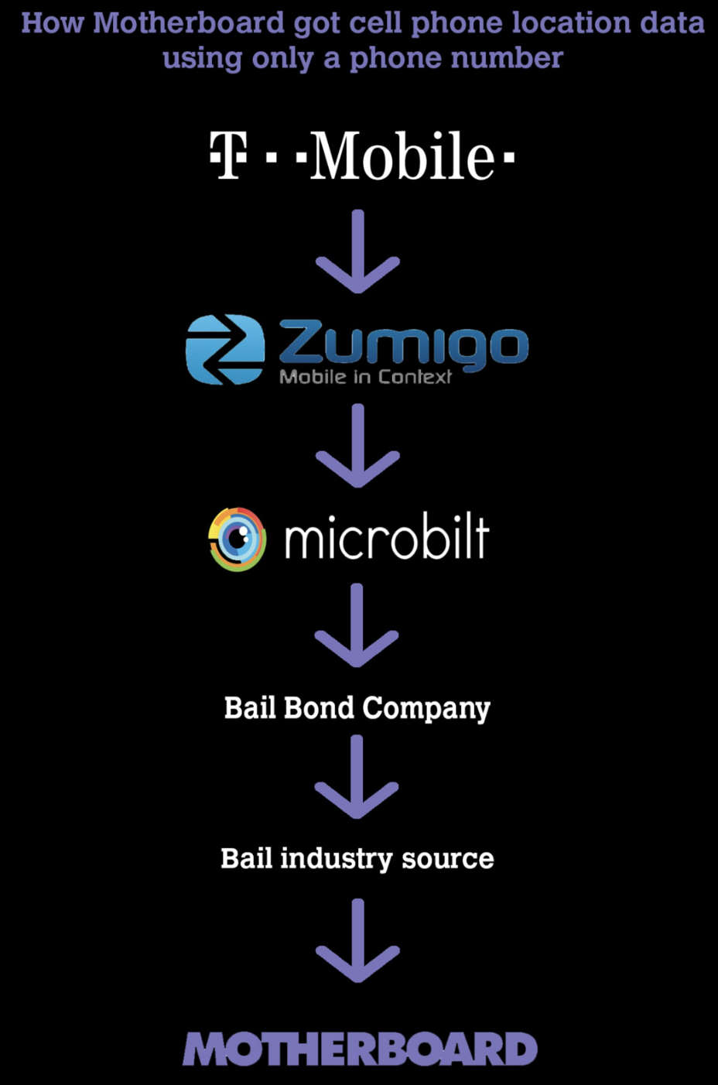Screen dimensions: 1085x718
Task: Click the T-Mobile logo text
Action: click(362, 156)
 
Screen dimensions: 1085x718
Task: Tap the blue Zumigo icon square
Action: click(224, 349)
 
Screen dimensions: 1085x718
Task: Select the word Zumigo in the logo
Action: click(402, 345)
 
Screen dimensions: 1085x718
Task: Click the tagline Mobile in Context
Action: click(365, 377)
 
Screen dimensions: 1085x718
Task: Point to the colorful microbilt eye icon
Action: click(238, 539)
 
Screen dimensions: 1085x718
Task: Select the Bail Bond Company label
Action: click(357, 708)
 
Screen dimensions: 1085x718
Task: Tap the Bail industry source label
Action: click(357, 858)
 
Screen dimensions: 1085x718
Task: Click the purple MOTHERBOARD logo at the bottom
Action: click(360, 1049)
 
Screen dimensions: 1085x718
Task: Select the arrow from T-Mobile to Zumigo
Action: click(357, 252)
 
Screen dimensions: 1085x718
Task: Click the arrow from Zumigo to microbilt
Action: click(357, 446)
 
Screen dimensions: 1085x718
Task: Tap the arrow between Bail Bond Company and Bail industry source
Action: click(357, 777)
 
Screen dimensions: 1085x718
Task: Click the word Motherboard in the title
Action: click(189, 22)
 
